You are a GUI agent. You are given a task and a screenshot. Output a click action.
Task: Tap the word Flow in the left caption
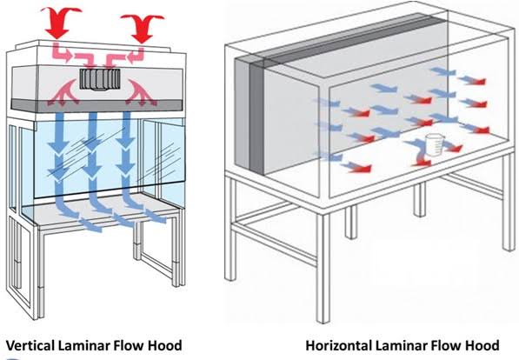(131, 345)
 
